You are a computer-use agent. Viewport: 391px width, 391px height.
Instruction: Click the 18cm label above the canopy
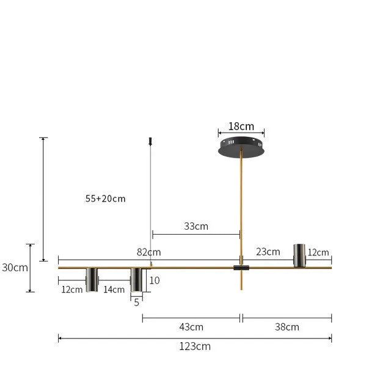pos(241,126)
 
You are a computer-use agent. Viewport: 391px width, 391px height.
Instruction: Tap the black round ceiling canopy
pos(241,148)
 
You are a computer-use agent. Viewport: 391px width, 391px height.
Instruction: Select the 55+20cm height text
pos(106,199)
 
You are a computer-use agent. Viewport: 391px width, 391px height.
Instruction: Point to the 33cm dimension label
pos(196,226)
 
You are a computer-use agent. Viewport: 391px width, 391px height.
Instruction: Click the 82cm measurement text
pos(148,252)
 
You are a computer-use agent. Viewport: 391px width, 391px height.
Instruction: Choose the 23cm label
pos(268,251)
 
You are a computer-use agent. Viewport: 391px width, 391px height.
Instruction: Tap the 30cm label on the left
pos(15,267)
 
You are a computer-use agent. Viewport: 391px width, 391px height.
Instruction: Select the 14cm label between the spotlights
pos(114,290)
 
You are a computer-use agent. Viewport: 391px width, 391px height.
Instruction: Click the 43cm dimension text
pos(191,326)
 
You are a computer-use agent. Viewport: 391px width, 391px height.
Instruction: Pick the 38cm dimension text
pos(287,326)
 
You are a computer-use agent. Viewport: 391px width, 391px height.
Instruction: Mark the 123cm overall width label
pos(195,346)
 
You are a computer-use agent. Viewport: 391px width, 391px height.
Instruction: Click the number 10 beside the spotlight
pos(155,280)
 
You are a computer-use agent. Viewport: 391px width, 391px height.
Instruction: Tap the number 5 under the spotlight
pos(136,301)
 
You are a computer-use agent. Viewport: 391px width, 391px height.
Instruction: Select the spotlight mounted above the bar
pos(299,255)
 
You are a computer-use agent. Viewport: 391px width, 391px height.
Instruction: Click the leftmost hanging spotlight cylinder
pos(92,279)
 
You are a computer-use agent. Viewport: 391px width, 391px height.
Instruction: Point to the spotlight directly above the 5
pos(136,279)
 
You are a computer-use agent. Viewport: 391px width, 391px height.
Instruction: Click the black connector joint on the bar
pos(241,268)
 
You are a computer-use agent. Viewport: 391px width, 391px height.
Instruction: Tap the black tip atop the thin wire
pos(150,142)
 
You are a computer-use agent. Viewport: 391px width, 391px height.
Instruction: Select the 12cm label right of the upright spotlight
pos(318,252)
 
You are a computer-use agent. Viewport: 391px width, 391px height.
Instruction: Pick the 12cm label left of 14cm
pos(71,290)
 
